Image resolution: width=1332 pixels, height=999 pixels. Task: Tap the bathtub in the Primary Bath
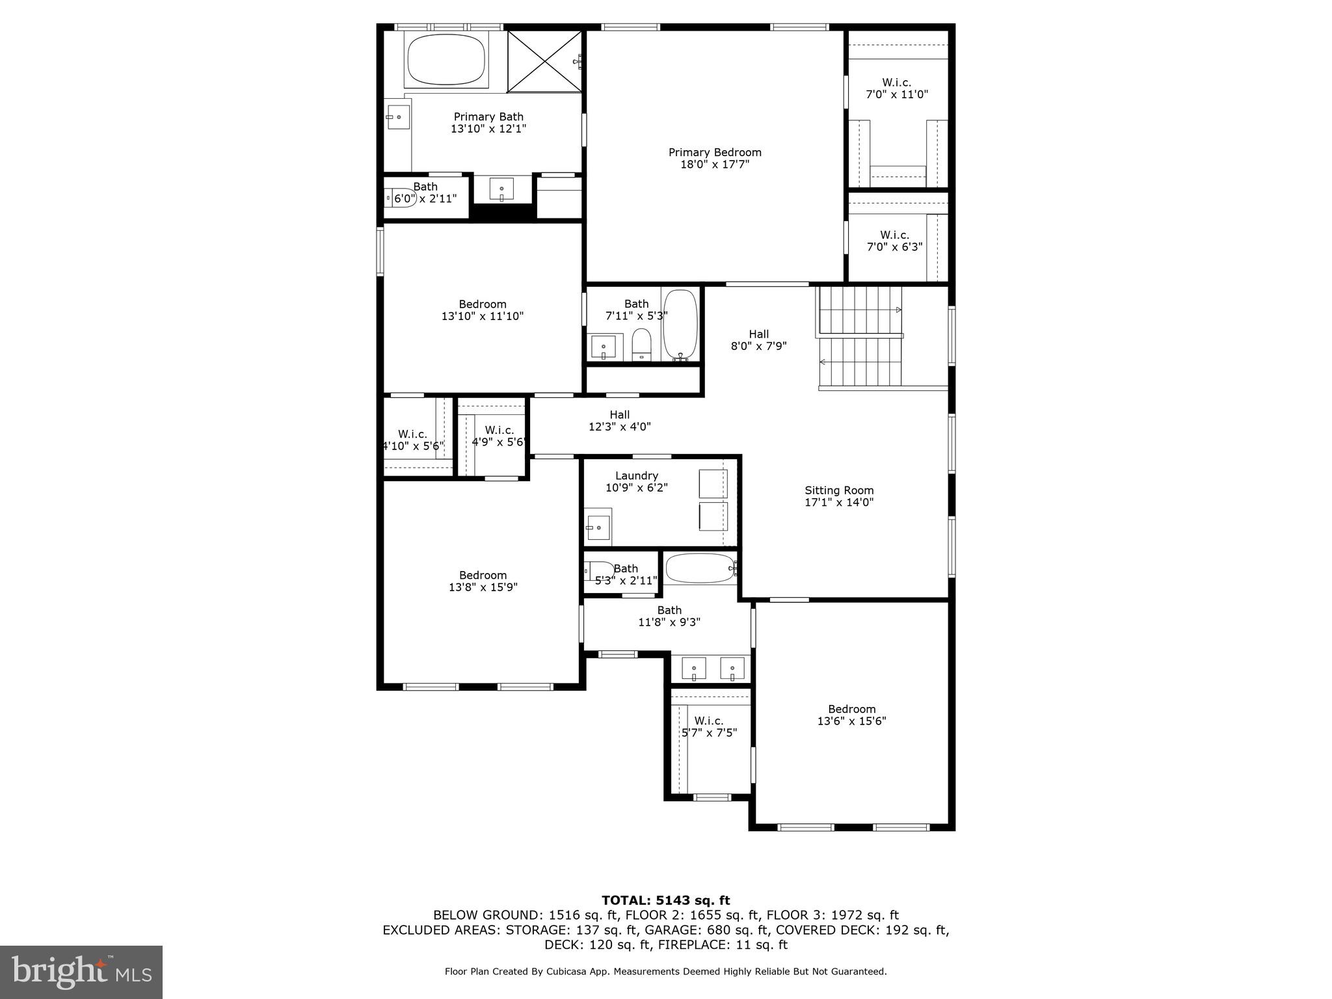tap(446, 59)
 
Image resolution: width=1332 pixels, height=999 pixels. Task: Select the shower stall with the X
tap(544, 61)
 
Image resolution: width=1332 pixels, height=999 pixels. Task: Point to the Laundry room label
tap(636, 475)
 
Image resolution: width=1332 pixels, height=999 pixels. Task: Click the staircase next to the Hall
tap(860, 338)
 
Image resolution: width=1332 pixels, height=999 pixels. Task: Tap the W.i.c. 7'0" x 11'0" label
tap(896, 88)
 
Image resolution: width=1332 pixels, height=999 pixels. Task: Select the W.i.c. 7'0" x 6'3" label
tap(894, 241)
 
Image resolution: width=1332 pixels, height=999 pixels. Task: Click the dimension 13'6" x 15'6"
tap(851, 721)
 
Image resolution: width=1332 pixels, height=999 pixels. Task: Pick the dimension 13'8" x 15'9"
tap(483, 587)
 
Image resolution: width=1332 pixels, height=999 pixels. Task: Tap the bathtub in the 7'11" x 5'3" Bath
tap(680, 324)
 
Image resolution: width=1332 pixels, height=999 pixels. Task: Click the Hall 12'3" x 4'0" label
tap(619, 420)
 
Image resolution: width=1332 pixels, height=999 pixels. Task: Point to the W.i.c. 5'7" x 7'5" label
tap(708, 726)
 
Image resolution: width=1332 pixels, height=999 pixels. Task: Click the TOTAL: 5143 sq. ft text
tap(665, 900)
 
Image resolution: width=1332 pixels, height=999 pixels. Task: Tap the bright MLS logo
tap(81, 972)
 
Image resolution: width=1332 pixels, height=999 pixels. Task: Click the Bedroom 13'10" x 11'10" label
tap(482, 310)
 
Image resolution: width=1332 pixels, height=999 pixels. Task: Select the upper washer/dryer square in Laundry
tap(713, 483)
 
